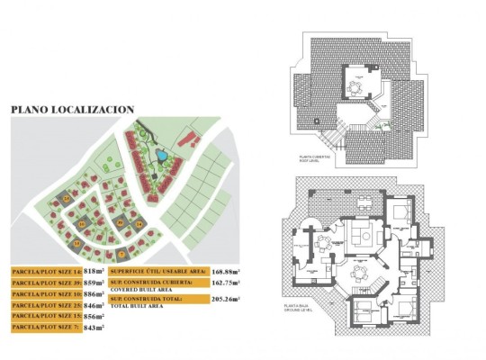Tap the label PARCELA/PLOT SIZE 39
(48, 282)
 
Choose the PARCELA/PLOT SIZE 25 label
(48, 305)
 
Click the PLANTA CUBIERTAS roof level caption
(316, 158)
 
